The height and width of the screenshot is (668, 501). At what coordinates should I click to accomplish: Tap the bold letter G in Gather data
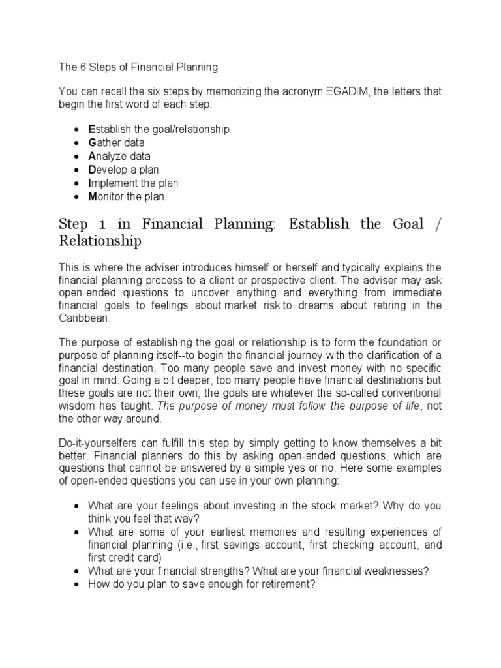pos(92,143)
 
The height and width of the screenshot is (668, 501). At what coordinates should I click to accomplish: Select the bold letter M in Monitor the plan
pos(93,197)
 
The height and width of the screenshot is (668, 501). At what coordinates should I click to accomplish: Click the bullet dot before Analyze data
pos(78,157)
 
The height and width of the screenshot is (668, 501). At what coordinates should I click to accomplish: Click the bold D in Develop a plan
pos(92,170)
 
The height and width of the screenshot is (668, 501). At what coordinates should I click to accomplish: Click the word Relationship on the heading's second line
pos(100,242)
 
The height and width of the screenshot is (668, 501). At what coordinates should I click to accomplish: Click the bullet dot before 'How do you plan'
pos(78,585)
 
